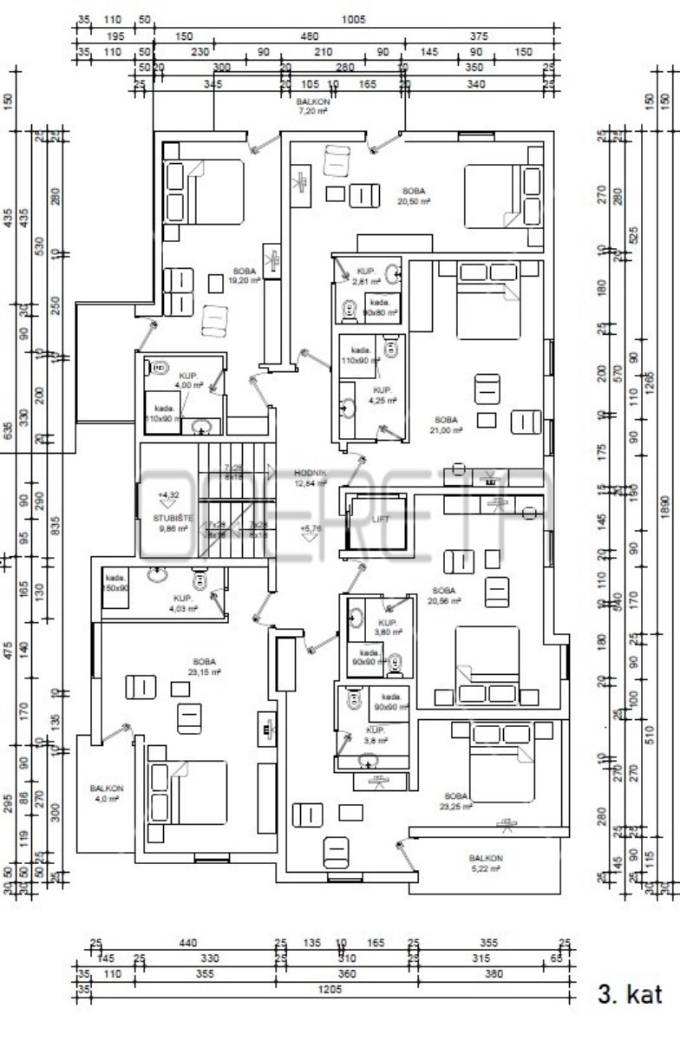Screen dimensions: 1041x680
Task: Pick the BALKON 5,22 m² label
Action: [485, 862]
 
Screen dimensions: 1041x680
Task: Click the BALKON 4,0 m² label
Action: [107, 793]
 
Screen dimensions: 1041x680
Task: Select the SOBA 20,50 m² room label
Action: [415, 195]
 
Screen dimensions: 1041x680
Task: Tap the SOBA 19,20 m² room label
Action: [245, 276]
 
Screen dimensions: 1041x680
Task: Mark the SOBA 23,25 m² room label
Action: [456, 801]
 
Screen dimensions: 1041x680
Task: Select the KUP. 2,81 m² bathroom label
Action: [365, 276]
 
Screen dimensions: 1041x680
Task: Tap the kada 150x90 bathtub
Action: [115, 583]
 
